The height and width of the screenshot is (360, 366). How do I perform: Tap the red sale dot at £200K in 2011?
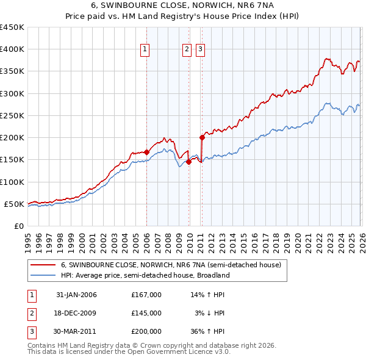tap(202, 137)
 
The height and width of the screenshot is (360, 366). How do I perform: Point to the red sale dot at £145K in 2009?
tap(188, 162)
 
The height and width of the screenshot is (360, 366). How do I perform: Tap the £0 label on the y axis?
tap(18, 226)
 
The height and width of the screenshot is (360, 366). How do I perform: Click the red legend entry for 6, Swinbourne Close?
tap(171, 265)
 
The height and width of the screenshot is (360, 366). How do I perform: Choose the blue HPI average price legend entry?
tap(145, 275)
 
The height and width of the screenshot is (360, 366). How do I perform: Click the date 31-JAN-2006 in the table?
tap(76, 295)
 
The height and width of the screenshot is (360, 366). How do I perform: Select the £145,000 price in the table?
tap(146, 313)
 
